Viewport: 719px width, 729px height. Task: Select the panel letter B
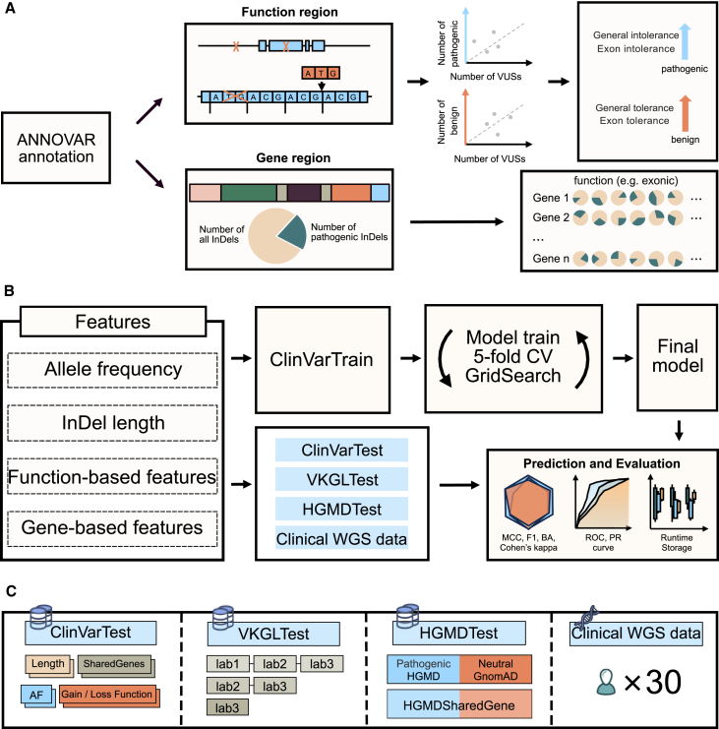[x=9, y=292]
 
